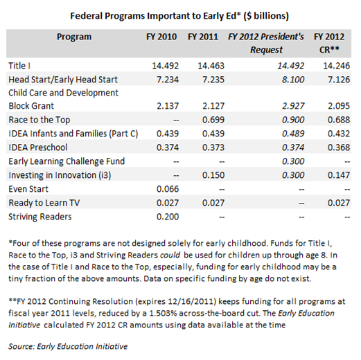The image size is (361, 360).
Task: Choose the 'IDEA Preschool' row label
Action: point(39,147)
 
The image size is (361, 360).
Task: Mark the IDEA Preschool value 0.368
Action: point(328,147)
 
